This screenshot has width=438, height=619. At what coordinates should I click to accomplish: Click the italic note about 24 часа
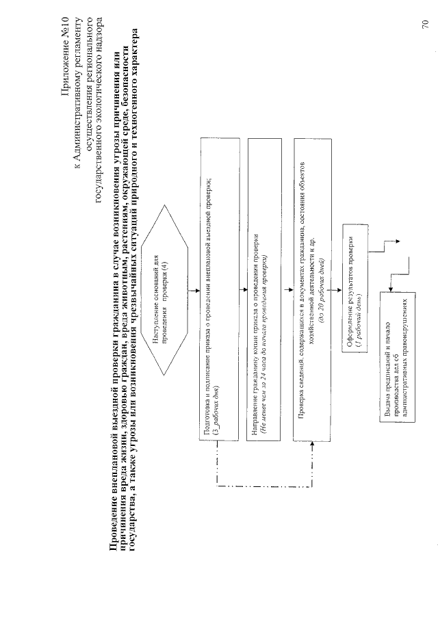(263, 328)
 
